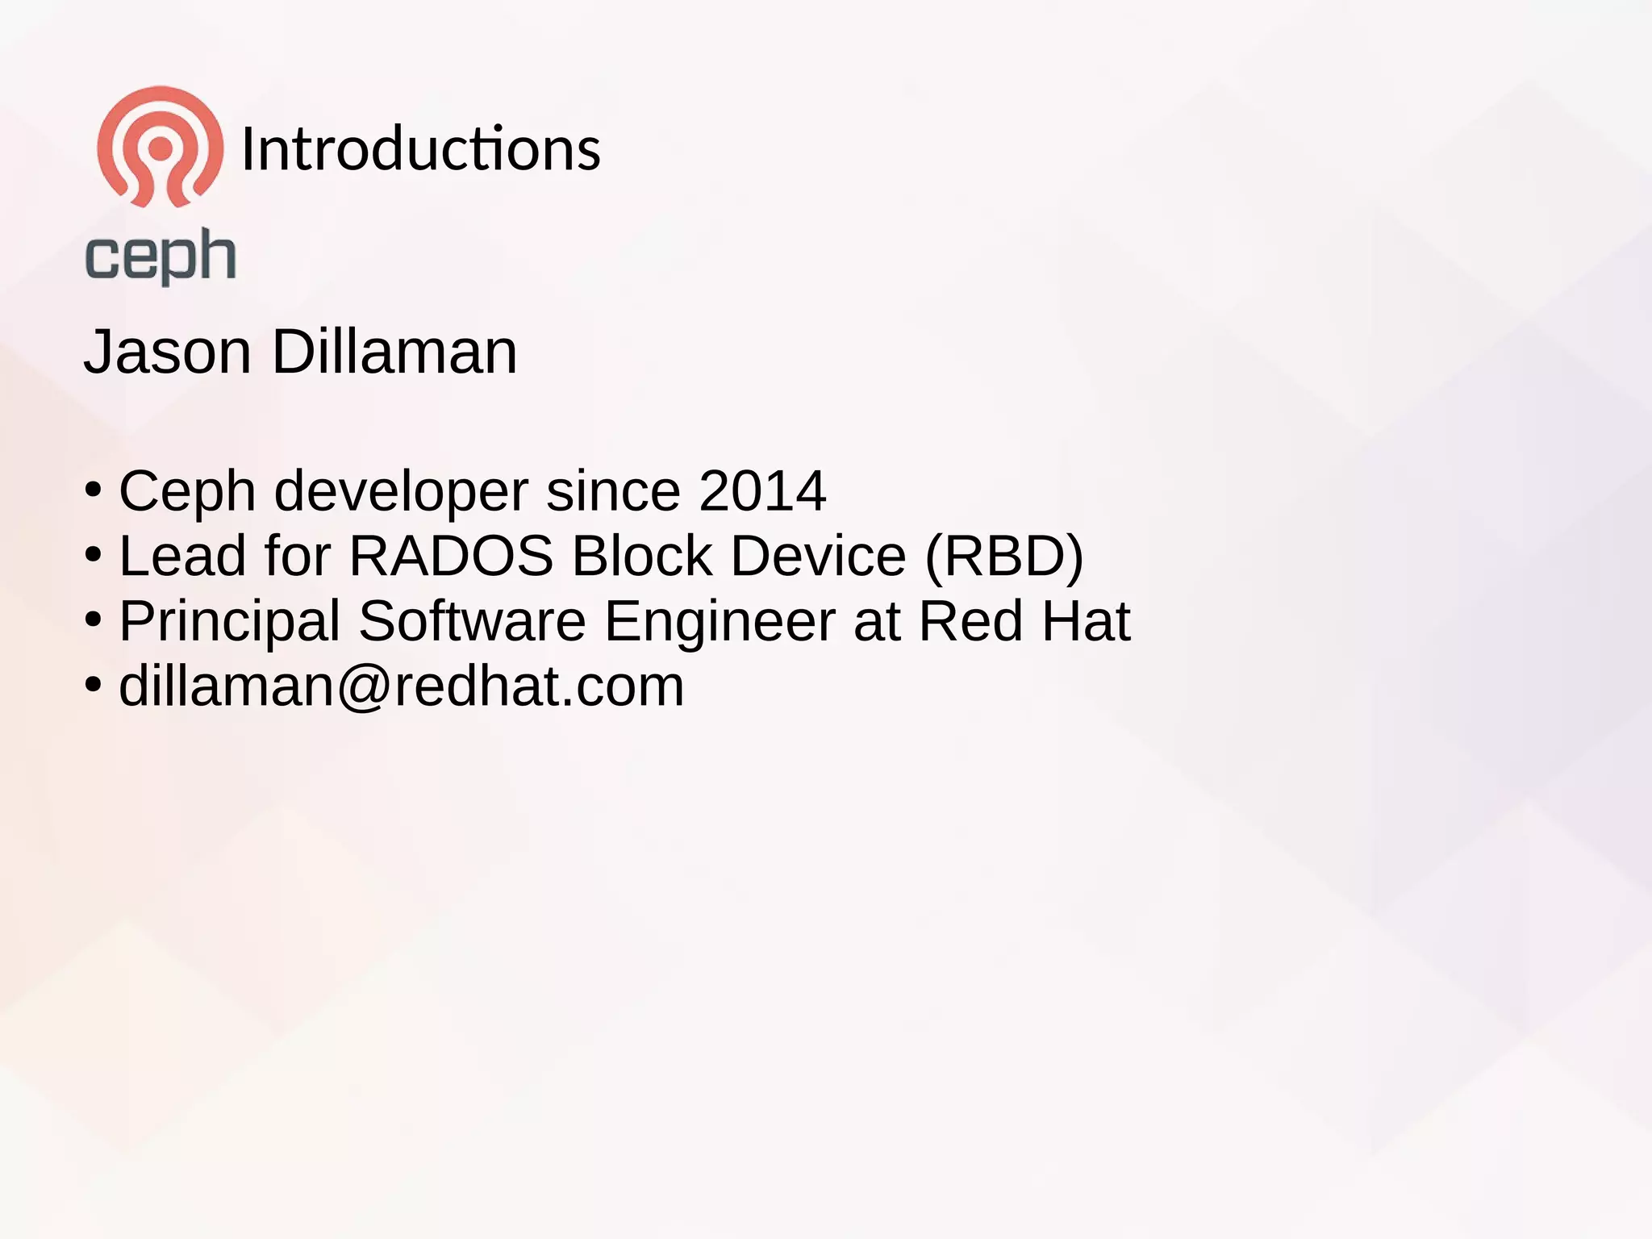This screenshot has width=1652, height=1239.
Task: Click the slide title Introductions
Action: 420,149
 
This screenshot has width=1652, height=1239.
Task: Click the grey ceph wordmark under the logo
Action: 161,256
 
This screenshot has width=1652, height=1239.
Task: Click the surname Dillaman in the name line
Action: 394,353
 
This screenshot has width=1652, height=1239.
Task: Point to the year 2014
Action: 762,490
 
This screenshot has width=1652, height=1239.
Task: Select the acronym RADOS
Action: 451,556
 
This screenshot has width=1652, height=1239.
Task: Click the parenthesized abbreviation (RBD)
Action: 1003,557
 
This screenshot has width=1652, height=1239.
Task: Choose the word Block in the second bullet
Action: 641,556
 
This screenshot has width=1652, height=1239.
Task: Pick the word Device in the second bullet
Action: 818,556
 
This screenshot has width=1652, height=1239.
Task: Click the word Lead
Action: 182,556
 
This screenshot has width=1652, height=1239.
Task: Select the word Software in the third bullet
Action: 472,621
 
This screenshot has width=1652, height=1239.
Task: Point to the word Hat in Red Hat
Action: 1086,621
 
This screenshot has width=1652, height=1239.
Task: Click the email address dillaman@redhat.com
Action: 402,686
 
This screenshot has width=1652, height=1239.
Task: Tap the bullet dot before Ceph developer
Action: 94,490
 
